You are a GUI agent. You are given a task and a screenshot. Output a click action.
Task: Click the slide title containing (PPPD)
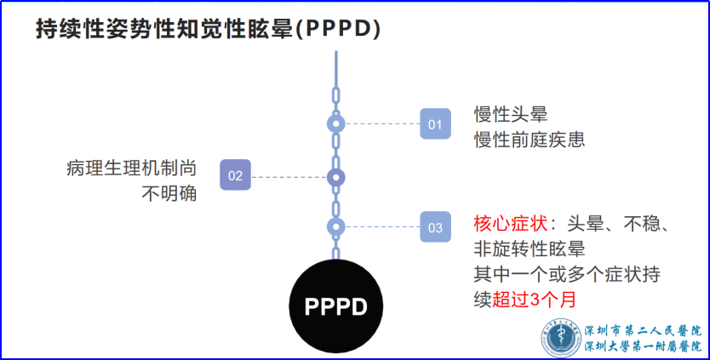click(209, 30)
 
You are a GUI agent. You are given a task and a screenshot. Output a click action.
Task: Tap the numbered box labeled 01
click(435, 123)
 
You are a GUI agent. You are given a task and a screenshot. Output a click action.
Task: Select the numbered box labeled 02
click(236, 174)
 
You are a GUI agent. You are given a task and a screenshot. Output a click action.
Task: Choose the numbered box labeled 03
click(435, 227)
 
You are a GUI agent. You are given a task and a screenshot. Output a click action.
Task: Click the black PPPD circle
click(336, 306)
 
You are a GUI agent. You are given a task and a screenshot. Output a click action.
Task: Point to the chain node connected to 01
click(336, 123)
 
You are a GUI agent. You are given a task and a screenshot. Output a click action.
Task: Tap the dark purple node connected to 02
click(336, 178)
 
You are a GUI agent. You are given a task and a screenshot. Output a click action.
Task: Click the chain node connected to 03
click(336, 227)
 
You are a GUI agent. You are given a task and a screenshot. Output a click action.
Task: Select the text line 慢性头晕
click(511, 114)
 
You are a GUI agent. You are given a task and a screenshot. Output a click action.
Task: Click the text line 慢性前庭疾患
click(530, 140)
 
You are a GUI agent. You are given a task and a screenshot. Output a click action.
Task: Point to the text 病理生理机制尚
click(132, 168)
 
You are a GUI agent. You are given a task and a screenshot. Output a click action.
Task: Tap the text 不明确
click(169, 194)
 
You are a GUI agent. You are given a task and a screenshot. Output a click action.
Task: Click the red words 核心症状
click(511, 224)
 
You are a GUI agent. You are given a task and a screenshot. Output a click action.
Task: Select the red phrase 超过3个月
click(534, 300)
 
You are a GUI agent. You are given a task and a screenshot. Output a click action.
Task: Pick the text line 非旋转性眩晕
click(530, 249)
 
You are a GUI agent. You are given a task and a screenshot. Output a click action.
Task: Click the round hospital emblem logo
click(562, 337)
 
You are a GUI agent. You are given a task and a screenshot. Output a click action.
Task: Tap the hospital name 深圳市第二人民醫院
click(643, 330)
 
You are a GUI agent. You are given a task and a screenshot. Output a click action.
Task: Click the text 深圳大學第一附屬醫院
click(643, 346)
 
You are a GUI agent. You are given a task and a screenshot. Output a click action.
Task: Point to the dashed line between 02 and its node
click(289, 178)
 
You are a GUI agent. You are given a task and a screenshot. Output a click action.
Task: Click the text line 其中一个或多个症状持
click(567, 274)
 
